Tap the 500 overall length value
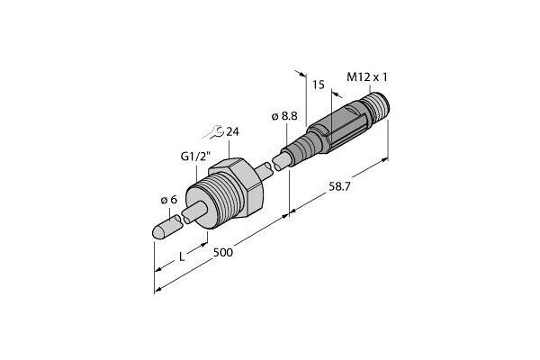click(222, 253)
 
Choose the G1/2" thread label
click(191, 156)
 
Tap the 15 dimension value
click(316, 85)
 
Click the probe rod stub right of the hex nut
click(266, 168)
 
